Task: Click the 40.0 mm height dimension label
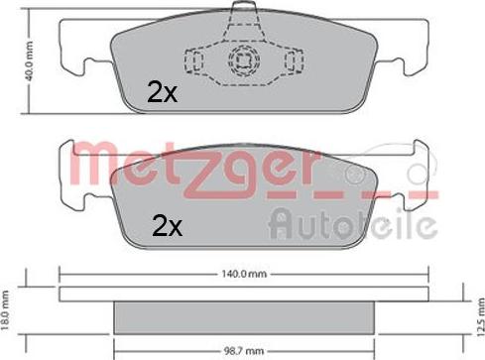[x=29, y=61]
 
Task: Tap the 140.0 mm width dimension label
[x=244, y=274]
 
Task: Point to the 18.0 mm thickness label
[x=5, y=310]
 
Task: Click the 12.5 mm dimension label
[x=481, y=316]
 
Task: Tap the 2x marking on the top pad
[x=162, y=92]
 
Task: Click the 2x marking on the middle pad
[x=167, y=226]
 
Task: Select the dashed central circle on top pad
[x=244, y=60]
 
